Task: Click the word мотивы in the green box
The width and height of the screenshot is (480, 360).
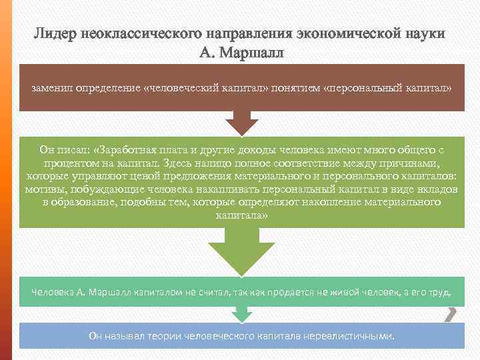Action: (x=44, y=189)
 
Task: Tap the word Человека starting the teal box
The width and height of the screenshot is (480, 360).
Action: (x=51, y=293)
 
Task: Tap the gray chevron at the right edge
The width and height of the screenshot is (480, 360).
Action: (x=451, y=314)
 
